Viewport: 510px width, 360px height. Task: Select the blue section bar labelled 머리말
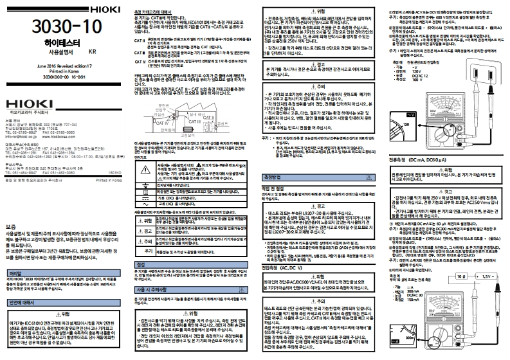(x=14, y=273)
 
